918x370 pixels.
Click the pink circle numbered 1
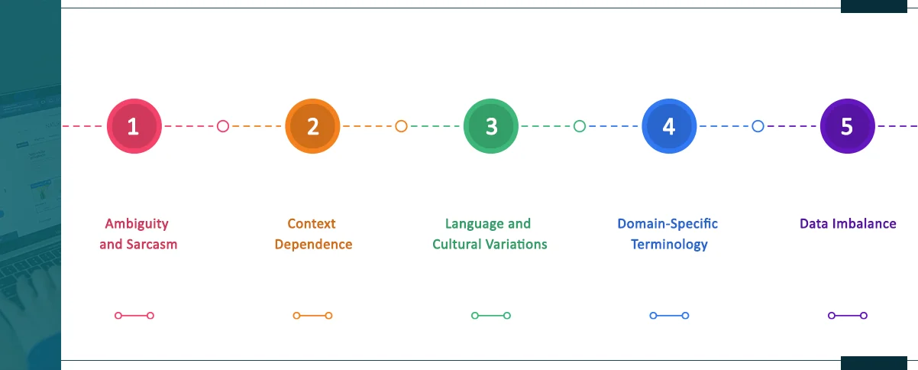134,126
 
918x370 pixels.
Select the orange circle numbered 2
312,126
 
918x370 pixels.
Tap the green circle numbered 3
490,126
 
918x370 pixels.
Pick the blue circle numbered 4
669,126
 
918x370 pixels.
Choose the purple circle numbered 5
847,126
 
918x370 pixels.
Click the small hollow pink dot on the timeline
223,126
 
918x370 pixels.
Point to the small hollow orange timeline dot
401,126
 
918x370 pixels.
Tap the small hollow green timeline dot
580,126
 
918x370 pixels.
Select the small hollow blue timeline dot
758,126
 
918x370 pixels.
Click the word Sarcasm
150,245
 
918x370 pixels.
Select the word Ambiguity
137,224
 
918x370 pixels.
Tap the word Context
312,224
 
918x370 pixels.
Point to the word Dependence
313,245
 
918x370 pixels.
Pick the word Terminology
669,245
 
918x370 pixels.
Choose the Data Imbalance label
848,224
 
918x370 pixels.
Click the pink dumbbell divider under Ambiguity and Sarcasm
134,315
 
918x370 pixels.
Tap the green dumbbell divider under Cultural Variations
490,315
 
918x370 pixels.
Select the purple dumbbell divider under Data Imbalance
848,315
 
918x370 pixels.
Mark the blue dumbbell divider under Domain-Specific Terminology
669,315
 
